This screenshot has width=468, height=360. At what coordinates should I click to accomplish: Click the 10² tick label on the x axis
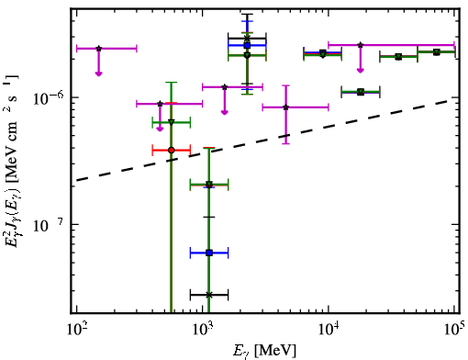click(76, 329)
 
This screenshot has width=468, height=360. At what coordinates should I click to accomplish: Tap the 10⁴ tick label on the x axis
click(329, 329)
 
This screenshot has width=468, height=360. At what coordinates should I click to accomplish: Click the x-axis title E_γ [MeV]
click(264, 351)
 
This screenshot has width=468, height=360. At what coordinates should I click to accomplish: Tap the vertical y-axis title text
click(12, 162)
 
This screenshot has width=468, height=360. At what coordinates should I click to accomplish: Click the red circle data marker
click(172, 151)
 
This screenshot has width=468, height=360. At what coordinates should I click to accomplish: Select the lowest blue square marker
click(209, 253)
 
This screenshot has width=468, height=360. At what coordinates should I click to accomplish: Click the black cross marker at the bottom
click(209, 295)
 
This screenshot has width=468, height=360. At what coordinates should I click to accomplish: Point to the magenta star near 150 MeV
click(98, 49)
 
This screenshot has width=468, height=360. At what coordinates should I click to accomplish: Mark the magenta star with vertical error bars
click(285, 107)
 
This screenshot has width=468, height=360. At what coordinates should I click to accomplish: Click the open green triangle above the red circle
click(172, 122)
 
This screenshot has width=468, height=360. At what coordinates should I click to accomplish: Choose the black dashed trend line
click(266, 140)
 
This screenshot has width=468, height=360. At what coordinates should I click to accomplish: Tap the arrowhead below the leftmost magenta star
click(98, 73)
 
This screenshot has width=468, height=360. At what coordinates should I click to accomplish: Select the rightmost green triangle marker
click(437, 52)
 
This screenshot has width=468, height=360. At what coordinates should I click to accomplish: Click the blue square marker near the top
click(247, 45)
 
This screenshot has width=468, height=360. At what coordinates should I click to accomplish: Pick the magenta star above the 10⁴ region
click(361, 45)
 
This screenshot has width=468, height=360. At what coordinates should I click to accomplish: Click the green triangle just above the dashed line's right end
click(361, 92)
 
